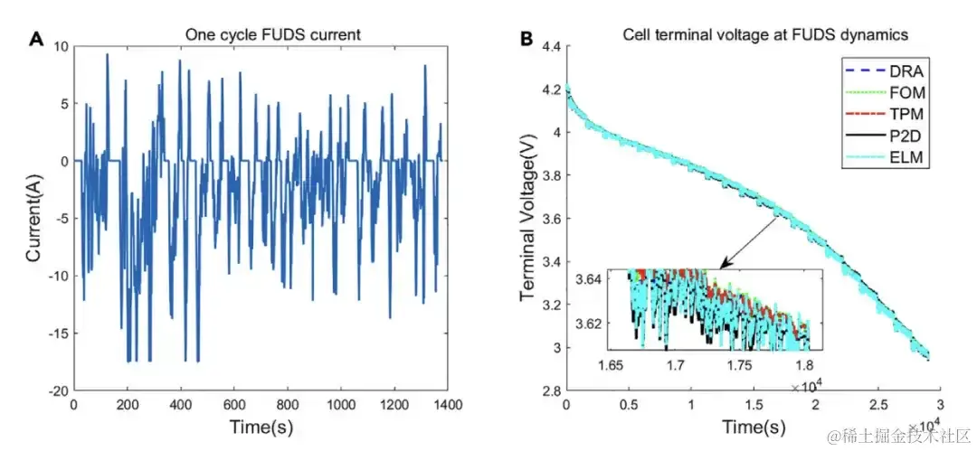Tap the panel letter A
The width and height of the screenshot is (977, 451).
coord(36,38)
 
